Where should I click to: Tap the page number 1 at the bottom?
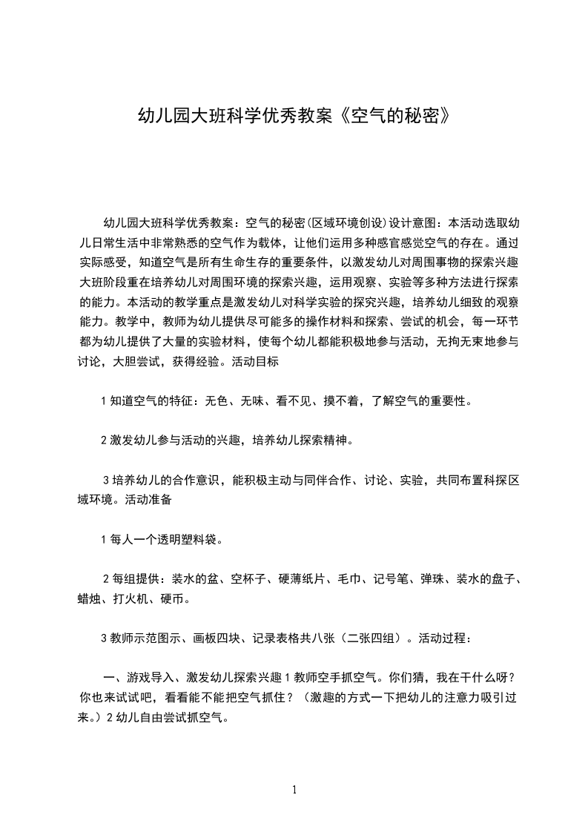point(294,790)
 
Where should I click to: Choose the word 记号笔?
point(393,579)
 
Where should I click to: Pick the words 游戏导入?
point(151,678)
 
